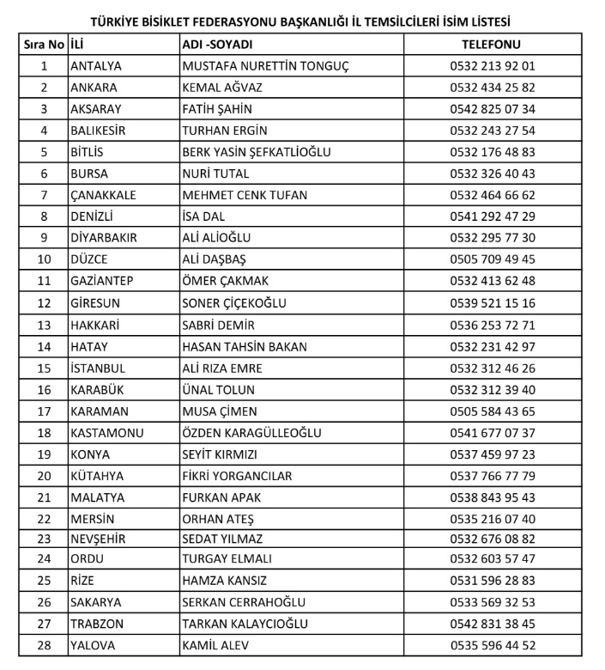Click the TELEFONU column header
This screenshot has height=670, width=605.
coord(492,44)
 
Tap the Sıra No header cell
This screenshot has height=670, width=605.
coord(44,44)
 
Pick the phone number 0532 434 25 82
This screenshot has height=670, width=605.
coord(492,88)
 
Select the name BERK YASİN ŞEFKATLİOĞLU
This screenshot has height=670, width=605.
coord(257,152)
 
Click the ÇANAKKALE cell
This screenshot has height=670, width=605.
coord(104,195)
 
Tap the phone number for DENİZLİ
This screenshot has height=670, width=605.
coord(492,216)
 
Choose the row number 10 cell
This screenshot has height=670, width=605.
coord(44,259)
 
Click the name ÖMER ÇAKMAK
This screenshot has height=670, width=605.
coord(226,281)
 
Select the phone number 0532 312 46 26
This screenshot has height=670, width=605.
coord(492,368)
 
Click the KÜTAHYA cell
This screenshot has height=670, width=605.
coord(97,475)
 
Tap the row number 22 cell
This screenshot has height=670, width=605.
coord(44,518)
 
